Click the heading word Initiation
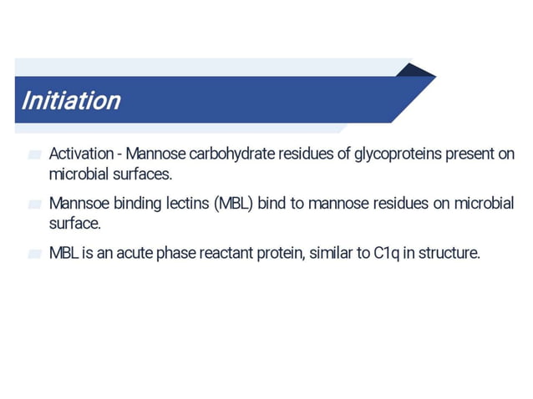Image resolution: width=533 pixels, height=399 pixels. (x=71, y=101)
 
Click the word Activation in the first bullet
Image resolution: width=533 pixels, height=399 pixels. (x=80, y=154)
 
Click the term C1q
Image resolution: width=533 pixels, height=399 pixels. (x=385, y=253)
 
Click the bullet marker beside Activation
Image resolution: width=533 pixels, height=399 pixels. (x=34, y=155)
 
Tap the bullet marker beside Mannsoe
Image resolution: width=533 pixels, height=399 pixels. (x=34, y=205)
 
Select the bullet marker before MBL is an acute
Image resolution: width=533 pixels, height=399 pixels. (x=34, y=254)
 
